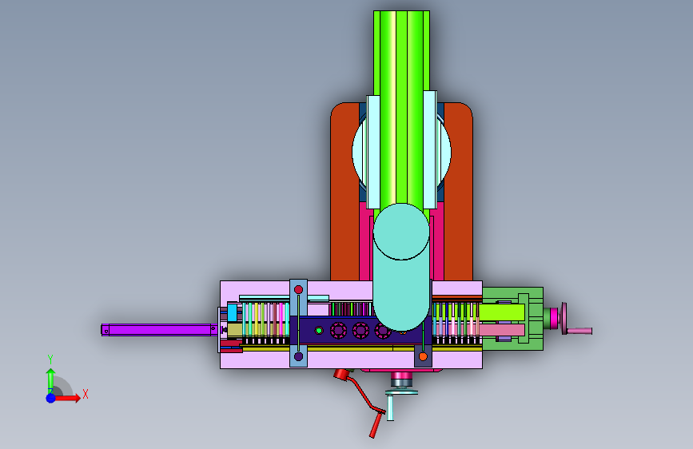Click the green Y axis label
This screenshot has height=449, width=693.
(50, 360)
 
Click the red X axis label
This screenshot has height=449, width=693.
(86, 394)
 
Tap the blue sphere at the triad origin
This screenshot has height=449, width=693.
(51, 398)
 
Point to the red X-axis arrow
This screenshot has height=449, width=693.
(66, 398)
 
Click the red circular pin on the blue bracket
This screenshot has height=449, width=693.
(298, 289)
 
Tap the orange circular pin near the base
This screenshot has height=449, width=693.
(423, 356)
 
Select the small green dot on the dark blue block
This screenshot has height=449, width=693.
(319, 330)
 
